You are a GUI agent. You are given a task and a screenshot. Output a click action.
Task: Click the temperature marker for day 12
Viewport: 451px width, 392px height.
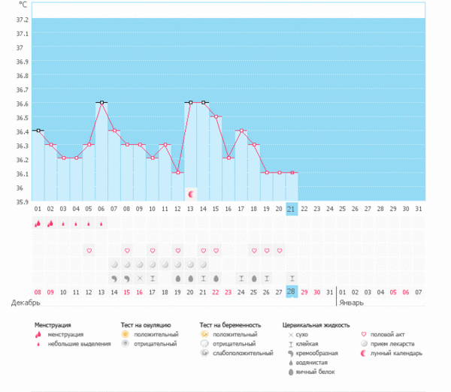pyautogui.click(x=178, y=173)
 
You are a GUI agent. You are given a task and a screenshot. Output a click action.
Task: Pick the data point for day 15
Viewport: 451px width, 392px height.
pyautogui.click(x=216, y=116)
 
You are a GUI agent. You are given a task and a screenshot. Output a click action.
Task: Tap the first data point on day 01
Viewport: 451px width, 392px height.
pyautogui.click(x=38, y=131)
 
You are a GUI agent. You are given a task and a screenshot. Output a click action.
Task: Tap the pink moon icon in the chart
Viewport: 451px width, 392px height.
pyautogui.click(x=191, y=194)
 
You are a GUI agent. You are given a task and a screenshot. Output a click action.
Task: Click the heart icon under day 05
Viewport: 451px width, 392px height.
pyautogui.click(x=89, y=250)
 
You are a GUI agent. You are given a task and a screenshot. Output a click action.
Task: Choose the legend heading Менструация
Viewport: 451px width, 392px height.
pyautogui.click(x=58, y=325)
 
